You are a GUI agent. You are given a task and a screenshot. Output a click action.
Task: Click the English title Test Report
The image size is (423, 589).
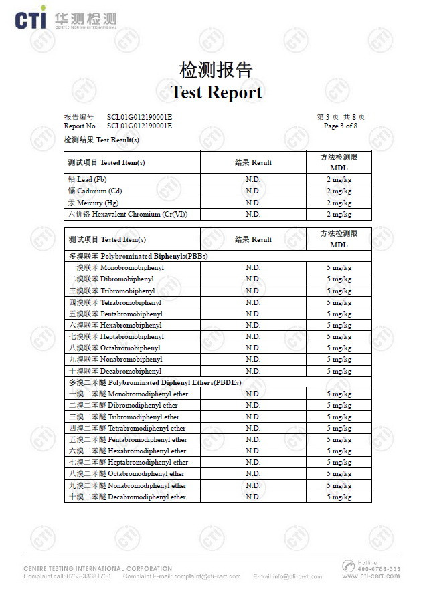[216, 92]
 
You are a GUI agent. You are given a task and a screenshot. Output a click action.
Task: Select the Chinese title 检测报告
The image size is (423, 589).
[216, 70]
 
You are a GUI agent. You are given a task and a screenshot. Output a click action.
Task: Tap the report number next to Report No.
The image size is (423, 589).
[139, 126]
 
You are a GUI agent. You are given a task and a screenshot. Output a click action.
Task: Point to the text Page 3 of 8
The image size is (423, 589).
[340, 126]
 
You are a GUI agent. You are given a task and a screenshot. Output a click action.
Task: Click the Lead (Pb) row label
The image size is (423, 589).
[88, 179]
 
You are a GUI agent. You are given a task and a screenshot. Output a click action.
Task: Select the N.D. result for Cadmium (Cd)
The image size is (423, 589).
[253, 191]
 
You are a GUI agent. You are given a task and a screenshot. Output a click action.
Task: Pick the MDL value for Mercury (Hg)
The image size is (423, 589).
[339, 203]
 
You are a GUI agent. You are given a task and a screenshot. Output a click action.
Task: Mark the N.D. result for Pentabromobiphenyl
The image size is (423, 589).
[253, 314]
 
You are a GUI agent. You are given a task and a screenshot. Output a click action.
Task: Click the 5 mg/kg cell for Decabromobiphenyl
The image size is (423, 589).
[339, 371]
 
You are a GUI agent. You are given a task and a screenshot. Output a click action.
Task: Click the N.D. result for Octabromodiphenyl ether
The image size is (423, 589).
[253, 474]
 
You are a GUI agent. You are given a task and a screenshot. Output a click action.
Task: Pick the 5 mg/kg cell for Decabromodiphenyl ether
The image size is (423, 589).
[339, 497]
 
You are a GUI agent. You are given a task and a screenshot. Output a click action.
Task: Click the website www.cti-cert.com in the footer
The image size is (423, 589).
[371, 576]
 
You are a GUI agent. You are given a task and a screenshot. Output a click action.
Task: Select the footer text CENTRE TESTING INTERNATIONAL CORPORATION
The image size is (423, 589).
[98, 568]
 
